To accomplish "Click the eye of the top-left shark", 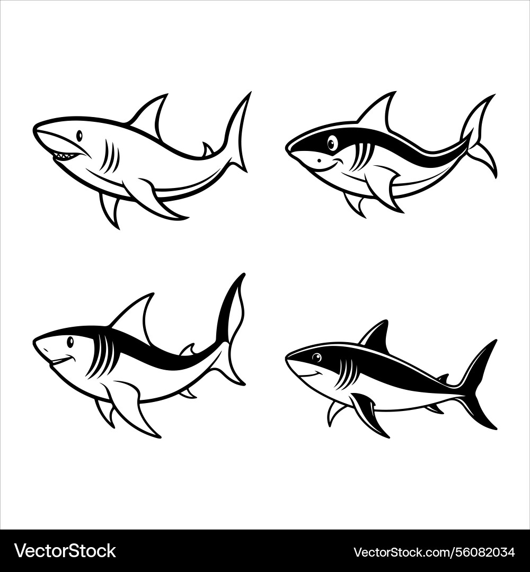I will click(x=79, y=136).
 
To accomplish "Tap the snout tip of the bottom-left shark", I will click(x=36, y=342).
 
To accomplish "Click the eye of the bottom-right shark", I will click(x=316, y=358).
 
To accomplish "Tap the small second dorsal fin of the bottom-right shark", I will click(x=442, y=378).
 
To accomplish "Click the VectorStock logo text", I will click(x=65, y=551).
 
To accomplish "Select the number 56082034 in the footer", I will click(x=485, y=552).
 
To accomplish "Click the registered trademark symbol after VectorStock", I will click(x=118, y=545).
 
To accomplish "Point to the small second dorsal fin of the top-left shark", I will click(x=207, y=149).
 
